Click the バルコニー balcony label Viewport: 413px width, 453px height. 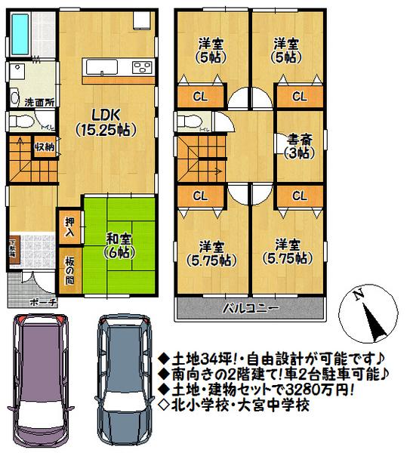click(251, 308)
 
